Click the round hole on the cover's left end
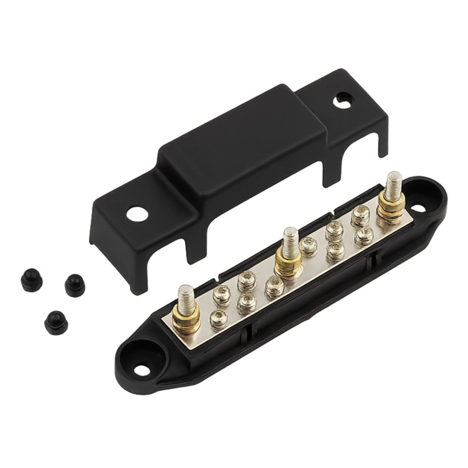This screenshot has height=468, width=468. tap(137, 214)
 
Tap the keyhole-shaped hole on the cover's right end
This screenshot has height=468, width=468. tap(343, 101)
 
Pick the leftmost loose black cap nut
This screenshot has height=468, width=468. tap(31, 281)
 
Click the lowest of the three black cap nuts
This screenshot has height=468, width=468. tap(56, 322)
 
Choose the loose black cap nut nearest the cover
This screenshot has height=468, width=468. tap(75, 285)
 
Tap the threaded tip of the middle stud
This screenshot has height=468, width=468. tap(289, 238)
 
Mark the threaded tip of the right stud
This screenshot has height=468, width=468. tap(393, 181)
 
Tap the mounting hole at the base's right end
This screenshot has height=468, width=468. tap(418, 208)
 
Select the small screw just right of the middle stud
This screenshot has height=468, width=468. tap(308, 246)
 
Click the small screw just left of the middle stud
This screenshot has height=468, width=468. tap(274, 287)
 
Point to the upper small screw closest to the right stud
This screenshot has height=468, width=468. tap(360, 216)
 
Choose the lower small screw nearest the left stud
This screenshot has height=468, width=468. tap(219, 319)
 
